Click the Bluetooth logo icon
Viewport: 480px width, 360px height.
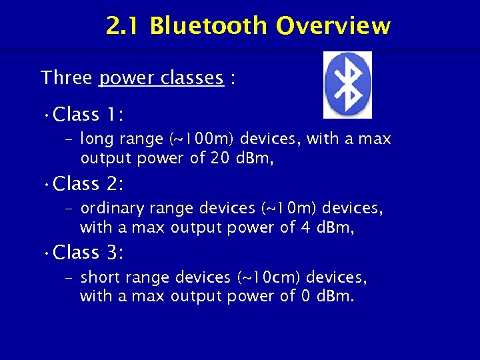click(347, 85)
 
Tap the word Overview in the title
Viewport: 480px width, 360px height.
click(333, 26)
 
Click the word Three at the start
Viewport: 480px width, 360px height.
click(67, 78)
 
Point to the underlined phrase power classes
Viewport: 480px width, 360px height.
click(161, 79)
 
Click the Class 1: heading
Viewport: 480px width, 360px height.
click(87, 115)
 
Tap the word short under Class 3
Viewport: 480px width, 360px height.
click(99, 277)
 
